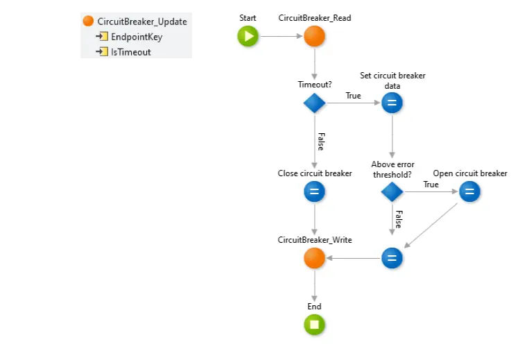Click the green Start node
248,37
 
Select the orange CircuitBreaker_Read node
314,37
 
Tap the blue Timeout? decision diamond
314,103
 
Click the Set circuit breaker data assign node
392,103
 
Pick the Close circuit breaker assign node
314,192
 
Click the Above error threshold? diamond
392,192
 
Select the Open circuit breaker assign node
469,192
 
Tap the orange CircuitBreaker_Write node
314,259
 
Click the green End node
314,325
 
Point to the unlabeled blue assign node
392,259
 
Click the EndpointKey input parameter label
137,37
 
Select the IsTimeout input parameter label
131,52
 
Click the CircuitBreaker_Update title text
142,22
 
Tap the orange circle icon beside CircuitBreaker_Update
88,22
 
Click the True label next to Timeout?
353,96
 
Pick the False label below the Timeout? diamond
320,141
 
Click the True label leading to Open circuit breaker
431,185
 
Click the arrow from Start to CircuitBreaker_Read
281,37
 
